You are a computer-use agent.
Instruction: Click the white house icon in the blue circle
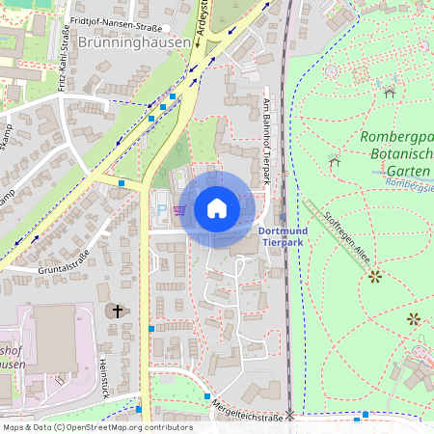(217, 208)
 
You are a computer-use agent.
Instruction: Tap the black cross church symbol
(118, 311)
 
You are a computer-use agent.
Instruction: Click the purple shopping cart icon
(179, 209)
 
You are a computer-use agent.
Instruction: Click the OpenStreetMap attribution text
(125, 426)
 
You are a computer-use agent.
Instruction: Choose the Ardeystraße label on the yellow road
(202, 21)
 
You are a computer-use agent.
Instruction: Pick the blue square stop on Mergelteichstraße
(207, 396)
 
